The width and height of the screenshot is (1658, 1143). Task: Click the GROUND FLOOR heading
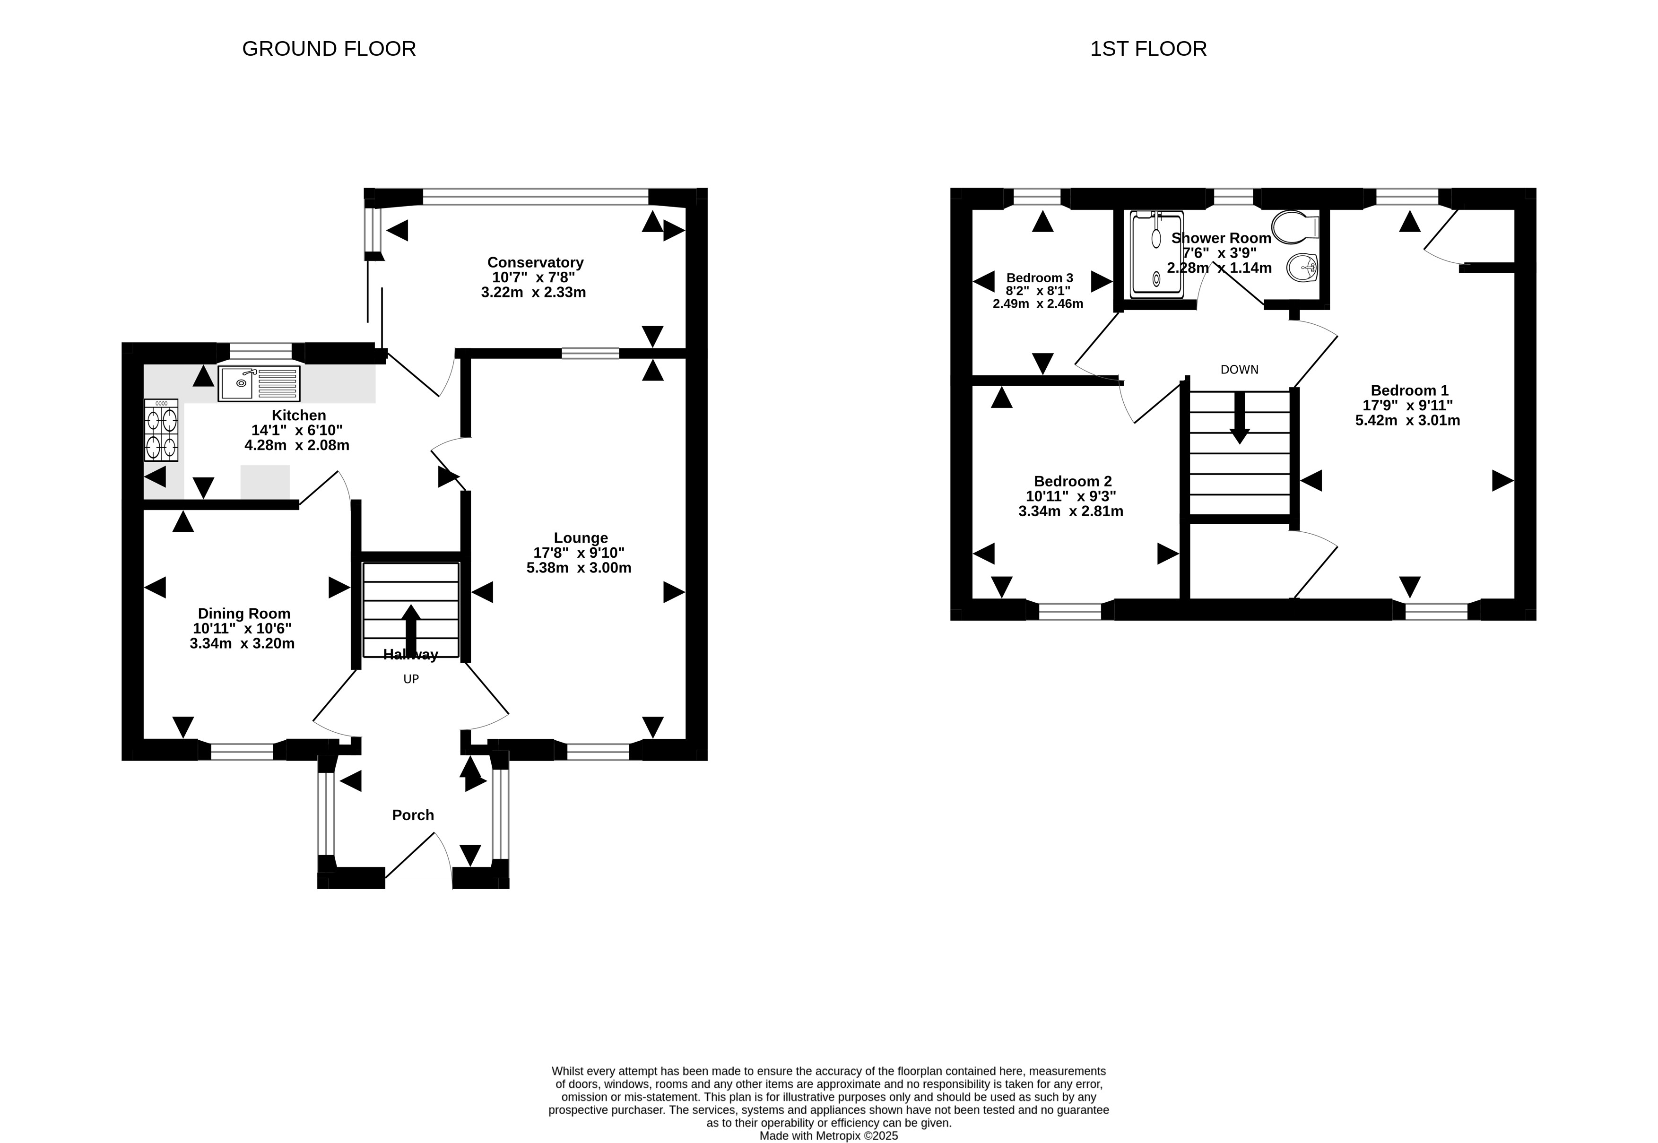pyautogui.click(x=329, y=49)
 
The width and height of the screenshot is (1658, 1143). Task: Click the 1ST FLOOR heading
pyautogui.click(x=1148, y=49)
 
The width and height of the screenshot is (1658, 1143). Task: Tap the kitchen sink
pyautogui.click(x=259, y=383)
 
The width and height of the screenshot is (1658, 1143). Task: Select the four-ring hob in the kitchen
pyautogui.click(x=161, y=430)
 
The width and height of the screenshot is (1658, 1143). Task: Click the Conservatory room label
pyautogui.click(x=535, y=262)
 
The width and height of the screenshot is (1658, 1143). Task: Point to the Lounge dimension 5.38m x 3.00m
pyautogui.click(x=579, y=568)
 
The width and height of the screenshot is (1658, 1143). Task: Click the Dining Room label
pyautogui.click(x=244, y=613)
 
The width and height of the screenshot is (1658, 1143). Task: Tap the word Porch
pyautogui.click(x=413, y=814)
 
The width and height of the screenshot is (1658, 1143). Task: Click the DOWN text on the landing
pyautogui.click(x=1240, y=370)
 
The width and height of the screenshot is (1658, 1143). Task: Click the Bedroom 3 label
pyautogui.click(x=1039, y=278)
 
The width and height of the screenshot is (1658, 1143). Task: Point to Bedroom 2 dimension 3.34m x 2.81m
pyautogui.click(x=1071, y=511)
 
